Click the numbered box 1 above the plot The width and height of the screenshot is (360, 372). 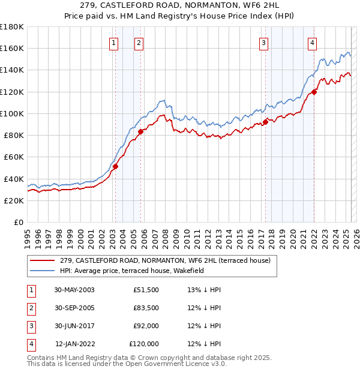pyautogui.click(x=114, y=42)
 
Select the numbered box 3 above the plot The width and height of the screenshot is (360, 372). pyautogui.click(x=263, y=42)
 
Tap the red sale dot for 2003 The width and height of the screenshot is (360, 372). pyautogui.click(x=115, y=166)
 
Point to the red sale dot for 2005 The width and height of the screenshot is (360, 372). pyautogui.click(x=140, y=131)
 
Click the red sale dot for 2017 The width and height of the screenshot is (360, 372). pyautogui.click(x=265, y=122)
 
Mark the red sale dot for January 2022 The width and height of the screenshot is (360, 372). pyautogui.click(x=314, y=92)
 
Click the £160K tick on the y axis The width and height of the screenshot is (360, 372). pyautogui.click(x=12, y=49)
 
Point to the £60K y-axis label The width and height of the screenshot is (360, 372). pyautogui.click(x=13, y=157)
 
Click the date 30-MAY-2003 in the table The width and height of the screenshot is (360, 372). pyautogui.click(x=74, y=290)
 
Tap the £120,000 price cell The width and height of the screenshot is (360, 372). pyautogui.click(x=144, y=344)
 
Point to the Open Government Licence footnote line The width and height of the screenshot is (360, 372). pyautogui.click(x=127, y=364)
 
